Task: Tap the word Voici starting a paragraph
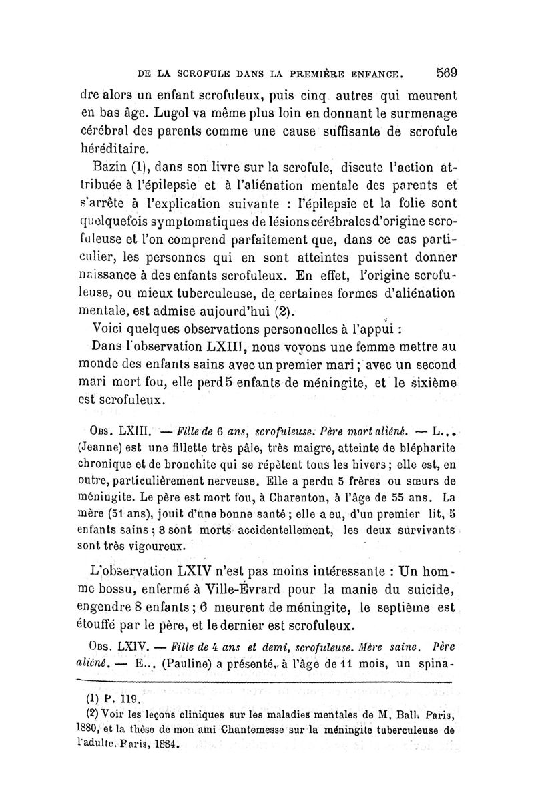(x=113, y=329)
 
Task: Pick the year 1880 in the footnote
(x=84, y=730)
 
